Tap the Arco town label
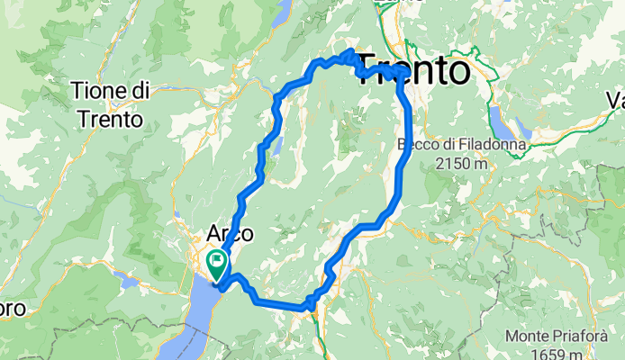point(230,233)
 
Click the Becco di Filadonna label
point(447,145)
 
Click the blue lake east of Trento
point(499,119)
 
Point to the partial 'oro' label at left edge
point(16,309)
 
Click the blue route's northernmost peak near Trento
point(349,50)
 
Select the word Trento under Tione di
point(110,118)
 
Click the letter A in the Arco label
point(215,233)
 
